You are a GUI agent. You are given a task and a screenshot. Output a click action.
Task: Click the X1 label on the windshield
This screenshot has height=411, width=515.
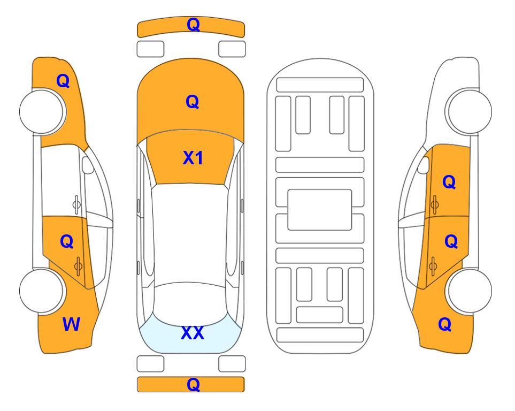coord(193,158)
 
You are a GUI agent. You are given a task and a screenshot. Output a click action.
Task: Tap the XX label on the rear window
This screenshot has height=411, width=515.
coord(193,333)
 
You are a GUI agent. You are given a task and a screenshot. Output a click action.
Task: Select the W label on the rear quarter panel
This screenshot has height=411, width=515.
coord(71,324)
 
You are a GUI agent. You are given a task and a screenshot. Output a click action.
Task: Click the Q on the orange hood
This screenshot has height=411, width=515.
coord(193,102)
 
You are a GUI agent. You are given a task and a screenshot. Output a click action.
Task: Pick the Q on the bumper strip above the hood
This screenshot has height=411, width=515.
coord(194,24)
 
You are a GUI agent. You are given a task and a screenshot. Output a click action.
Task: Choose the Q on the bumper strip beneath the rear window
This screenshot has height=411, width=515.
coord(194,384)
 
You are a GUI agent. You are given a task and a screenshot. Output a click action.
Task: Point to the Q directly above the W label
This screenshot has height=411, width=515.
coord(67,242)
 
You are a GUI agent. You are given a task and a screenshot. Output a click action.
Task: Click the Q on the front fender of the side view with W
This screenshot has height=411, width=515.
coord(63,81)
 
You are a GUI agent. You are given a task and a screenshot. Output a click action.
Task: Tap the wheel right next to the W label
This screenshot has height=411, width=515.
coord(42,291)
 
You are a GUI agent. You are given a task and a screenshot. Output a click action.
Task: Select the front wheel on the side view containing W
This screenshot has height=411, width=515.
coord(42,111)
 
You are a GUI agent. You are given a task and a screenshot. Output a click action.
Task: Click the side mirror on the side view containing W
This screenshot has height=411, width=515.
coord(87,165)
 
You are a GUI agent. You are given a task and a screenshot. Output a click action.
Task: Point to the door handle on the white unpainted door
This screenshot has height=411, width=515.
coord(76,204)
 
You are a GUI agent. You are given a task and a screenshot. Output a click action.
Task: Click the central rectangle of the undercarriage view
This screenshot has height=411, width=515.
coord(320,210)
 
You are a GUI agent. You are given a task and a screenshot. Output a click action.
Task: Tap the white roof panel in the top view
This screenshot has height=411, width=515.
coord(190,233)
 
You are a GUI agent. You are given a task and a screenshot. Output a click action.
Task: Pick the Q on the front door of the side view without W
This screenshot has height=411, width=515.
coord(449,182)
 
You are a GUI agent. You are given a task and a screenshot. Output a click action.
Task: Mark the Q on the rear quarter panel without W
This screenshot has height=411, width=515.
coord(445,324)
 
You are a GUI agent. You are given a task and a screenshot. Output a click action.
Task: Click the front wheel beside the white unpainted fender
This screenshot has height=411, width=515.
coord(468,111)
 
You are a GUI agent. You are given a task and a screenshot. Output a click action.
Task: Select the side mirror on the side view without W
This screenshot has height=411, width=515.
coord(424,165)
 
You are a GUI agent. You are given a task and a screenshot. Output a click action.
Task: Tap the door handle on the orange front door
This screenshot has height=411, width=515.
coord(435,204)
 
